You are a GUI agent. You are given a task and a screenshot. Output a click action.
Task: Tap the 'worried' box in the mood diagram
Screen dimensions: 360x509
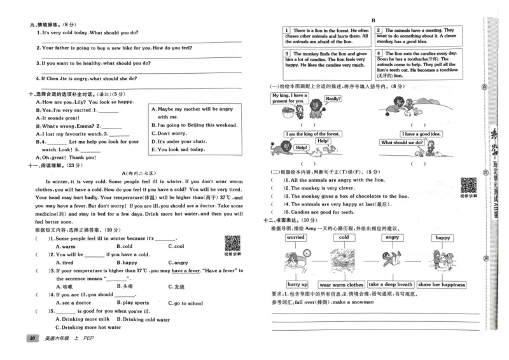[295, 237]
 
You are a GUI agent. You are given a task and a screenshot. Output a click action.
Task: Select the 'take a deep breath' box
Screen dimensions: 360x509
[390, 284]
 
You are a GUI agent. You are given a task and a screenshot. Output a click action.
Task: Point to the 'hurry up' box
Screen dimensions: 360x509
[297, 284]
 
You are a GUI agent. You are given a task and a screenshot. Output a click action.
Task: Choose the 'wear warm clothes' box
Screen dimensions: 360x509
[342, 284]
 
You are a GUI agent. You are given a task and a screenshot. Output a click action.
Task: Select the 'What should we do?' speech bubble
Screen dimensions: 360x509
[402, 142]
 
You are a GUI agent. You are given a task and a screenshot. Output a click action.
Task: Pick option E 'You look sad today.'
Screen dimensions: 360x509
[178, 149]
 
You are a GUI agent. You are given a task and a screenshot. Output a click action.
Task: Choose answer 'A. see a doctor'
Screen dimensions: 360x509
[74, 303]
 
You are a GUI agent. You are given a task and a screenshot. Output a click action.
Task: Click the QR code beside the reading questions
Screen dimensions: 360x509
[234, 244]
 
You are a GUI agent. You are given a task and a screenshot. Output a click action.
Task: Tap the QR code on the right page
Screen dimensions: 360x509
[469, 186]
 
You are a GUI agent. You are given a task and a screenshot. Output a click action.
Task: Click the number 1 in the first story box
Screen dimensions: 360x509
[287, 30]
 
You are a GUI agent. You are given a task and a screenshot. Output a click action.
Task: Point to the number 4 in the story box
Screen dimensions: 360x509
[379, 53]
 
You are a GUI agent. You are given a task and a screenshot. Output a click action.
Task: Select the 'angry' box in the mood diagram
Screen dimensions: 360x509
[391, 237]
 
